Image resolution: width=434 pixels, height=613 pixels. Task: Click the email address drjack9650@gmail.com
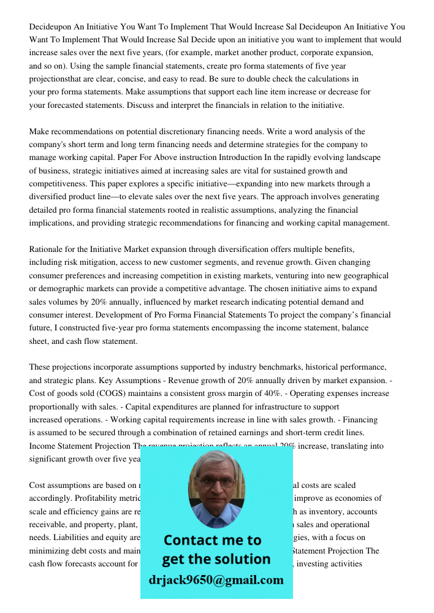pyautogui.click(x=216, y=580)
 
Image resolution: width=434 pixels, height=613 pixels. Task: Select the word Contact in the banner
pyautogui.click(x=191, y=541)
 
